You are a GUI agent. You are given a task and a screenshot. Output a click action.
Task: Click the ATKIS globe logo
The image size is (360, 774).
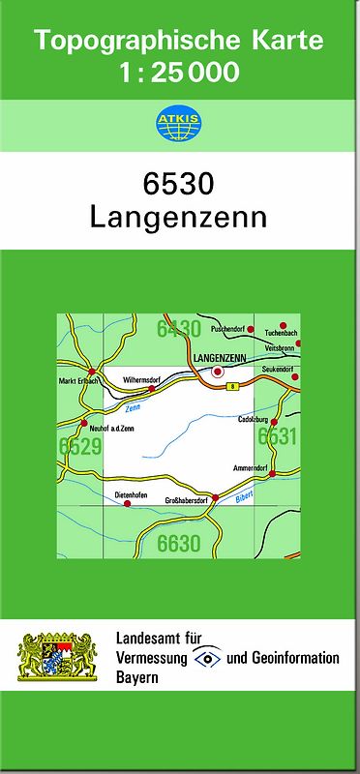click(179, 123)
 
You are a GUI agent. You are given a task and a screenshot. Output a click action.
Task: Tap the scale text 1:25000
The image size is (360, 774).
click(179, 73)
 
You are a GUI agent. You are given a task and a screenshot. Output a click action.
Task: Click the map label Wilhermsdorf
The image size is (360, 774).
click(141, 380)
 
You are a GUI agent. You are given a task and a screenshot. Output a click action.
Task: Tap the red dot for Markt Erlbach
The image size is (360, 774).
click(91, 371)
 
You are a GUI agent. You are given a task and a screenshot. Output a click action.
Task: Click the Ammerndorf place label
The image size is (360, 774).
click(250, 467)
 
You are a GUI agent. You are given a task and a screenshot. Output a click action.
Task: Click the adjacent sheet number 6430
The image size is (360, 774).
click(179, 329)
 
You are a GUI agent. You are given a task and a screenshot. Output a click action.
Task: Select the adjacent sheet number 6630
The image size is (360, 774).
click(179, 544)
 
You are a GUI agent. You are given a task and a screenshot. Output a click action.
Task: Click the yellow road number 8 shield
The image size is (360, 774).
click(232, 387)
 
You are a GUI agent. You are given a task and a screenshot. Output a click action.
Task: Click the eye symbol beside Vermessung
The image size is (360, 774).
click(207, 657)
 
